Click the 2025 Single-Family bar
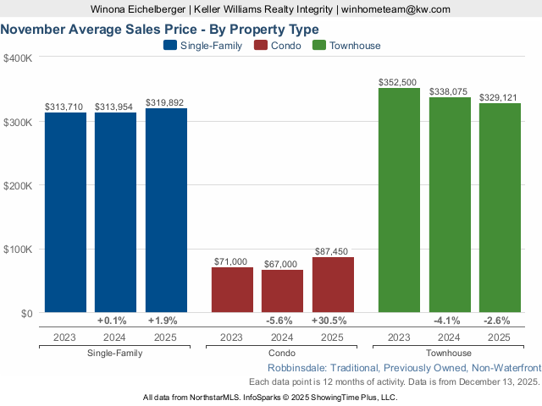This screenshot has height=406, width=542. click(x=166, y=211)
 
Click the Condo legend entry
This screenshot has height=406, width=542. click(x=279, y=46)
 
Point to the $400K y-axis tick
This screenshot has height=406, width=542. click(x=18, y=58)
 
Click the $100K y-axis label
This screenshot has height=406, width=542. click(x=18, y=250)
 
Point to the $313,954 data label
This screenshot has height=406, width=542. click(x=115, y=107)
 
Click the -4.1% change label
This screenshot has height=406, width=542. click(x=450, y=321)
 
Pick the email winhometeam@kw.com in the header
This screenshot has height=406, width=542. click(x=395, y=8)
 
